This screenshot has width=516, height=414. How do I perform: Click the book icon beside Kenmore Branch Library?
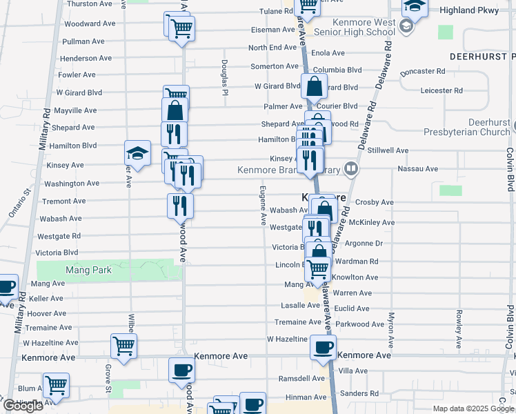(352, 168)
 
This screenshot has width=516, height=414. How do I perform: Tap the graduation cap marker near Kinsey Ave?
(137, 153)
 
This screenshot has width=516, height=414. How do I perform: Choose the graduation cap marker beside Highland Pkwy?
(415, 6)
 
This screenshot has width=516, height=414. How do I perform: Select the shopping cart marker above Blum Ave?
(55, 386)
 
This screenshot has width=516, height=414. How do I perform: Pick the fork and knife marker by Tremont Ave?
(179, 204)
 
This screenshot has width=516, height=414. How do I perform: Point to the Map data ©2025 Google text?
(473, 408)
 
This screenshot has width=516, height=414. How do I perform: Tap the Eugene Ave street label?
(263, 205)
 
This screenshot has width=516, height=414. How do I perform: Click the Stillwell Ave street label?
(407, 149)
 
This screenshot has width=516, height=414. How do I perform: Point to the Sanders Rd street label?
(359, 394)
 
